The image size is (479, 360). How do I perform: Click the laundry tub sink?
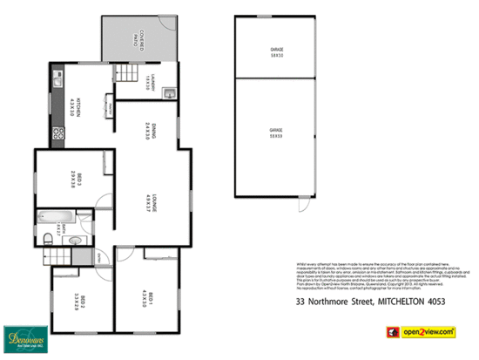coord(172,93)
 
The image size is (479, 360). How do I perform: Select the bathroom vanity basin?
coord(76,240)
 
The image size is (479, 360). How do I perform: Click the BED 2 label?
coord(79,301)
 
